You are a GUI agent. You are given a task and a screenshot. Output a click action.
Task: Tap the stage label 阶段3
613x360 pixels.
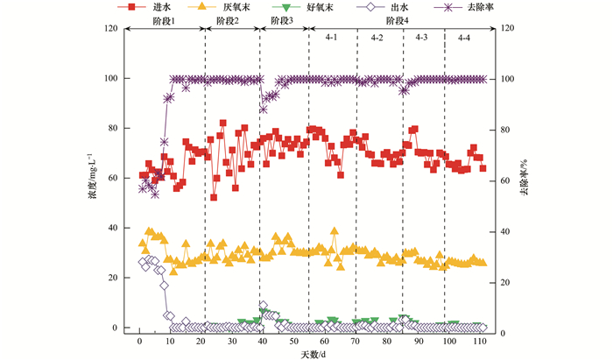pyautogui.click(x=283, y=44)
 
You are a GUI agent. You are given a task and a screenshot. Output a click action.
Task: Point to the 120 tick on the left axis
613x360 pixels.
pyautogui.click(x=111, y=29)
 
